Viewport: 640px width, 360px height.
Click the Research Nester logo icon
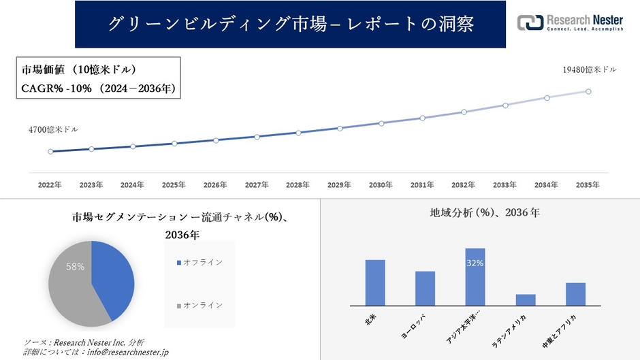pyautogui.click(x=530, y=23)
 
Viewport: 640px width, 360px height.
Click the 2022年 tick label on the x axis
pyautogui.click(x=50, y=184)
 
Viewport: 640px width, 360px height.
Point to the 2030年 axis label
pyautogui.click(x=381, y=184)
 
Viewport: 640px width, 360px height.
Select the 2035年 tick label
pyautogui.click(x=588, y=184)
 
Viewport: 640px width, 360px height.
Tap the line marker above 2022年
pyautogui.click(x=50, y=152)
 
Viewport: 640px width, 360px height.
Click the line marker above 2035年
pyautogui.click(x=588, y=91)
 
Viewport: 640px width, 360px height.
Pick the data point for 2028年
pyautogui.click(x=298, y=133)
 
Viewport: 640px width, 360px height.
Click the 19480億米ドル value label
pyautogui.click(x=589, y=69)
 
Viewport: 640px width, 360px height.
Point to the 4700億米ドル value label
pyautogui.click(x=53, y=129)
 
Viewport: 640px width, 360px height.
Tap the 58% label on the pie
pyautogui.click(x=75, y=267)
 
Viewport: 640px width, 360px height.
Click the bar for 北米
pyautogui.click(x=375, y=282)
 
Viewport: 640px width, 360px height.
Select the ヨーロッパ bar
pyautogui.click(x=425, y=289)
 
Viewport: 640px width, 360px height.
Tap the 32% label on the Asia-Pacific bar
pyautogui.click(x=475, y=263)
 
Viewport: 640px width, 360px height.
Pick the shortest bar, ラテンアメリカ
pyautogui.click(x=526, y=299)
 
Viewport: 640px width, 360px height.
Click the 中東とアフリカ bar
pyautogui.click(x=575, y=294)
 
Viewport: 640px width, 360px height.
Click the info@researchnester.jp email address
pyautogui.click(x=126, y=352)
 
